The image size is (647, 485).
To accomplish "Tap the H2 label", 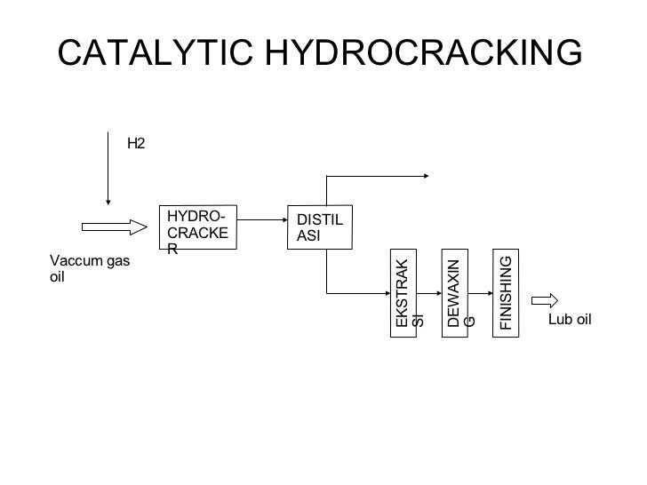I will [x=136, y=141].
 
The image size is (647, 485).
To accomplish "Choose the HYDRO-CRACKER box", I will [x=199, y=227].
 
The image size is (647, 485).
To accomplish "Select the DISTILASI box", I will [x=323, y=227].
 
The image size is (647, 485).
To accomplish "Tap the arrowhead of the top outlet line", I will [x=426, y=175].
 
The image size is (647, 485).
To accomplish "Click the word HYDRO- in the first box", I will [x=196, y=216].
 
